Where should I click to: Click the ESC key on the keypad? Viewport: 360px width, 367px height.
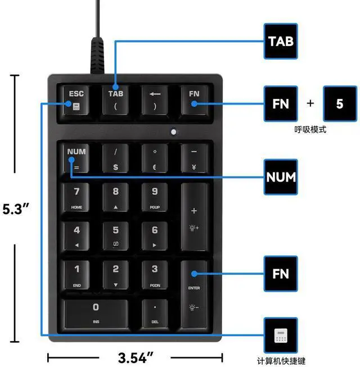(76, 99)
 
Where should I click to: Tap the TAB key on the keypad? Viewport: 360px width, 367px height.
(116, 99)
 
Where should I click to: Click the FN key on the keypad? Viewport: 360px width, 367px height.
(194, 99)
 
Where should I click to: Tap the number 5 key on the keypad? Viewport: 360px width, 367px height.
(116, 235)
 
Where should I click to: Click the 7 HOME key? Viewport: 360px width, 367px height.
(76, 197)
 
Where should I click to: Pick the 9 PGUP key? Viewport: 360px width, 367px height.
(155, 197)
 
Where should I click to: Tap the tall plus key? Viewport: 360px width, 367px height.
(194, 216)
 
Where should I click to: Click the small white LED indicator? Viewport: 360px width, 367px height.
(174, 133)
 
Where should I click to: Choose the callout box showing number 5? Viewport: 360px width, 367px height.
(339, 104)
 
